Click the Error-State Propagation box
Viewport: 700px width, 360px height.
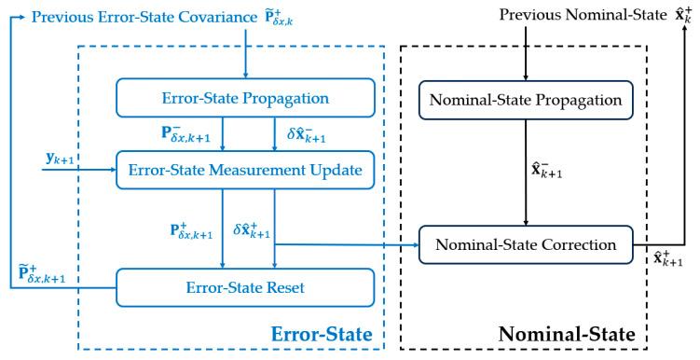[245, 96]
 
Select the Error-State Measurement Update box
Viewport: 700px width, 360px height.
[245, 169]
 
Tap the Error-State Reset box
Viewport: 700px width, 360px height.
[245, 284]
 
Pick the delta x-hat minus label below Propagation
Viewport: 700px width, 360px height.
[302, 133]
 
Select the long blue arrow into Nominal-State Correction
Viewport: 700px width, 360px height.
[345, 245]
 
